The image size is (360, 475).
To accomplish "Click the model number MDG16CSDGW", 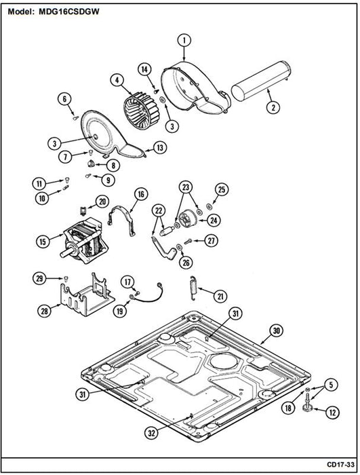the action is point(68,12).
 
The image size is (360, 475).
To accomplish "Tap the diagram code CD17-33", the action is point(340,464).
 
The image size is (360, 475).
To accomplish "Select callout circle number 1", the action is point(184,41).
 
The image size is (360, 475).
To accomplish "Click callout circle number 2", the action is point(273,107).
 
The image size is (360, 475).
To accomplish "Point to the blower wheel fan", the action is point(142,109).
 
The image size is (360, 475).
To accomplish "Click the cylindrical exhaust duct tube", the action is point(261,81).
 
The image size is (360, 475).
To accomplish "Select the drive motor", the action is point(84,240).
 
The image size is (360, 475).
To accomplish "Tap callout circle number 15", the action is point(43,242).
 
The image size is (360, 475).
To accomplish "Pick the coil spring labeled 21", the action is point(193,288).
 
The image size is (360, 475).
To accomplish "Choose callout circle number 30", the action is point(276,331).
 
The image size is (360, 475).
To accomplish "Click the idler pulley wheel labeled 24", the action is point(188,219).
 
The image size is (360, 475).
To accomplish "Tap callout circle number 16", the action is point(141,194).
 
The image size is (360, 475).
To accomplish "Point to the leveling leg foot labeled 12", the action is point(308,407).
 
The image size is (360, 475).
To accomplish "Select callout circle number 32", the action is point(151,434).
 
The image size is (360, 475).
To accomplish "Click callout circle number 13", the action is point(160,147).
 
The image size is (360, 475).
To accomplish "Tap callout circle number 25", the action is point(222,189).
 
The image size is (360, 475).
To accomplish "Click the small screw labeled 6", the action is point(75,118).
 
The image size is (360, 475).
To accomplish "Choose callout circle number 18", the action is point(288,408).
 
